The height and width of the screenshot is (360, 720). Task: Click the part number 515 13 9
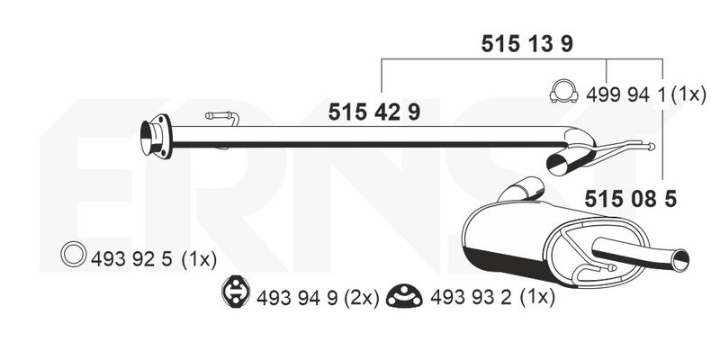point(527,44)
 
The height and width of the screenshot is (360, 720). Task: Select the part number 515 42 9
point(374,112)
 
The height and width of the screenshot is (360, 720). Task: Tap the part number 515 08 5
point(631,199)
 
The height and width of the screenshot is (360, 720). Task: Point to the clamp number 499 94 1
point(625,95)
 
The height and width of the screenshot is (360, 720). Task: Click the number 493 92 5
point(131,259)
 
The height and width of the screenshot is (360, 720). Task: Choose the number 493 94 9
point(297,299)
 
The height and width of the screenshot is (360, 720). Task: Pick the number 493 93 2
point(471,298)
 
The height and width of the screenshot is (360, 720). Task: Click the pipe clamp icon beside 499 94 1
point(563,92)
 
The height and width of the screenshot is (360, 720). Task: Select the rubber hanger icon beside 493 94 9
point(236,291)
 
